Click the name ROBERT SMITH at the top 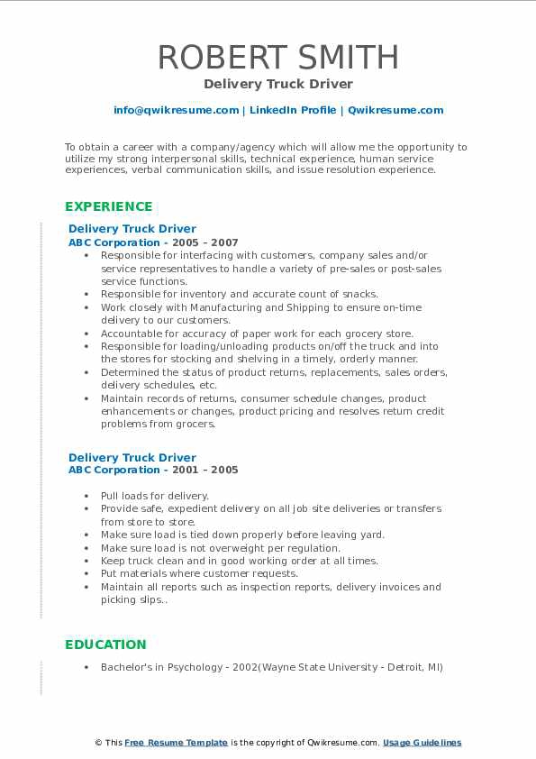[278, 57]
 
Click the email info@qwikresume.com [176, 110]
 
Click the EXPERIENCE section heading [108, 206]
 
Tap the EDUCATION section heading [104, 645]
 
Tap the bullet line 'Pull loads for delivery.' [154, 496]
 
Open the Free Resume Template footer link [177, 743]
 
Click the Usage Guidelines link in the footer [422, 743]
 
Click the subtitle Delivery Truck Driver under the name [278, 84]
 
